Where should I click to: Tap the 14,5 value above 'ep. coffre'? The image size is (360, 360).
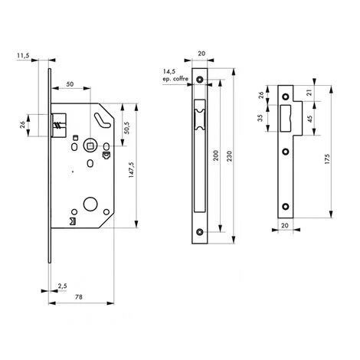[168, 70]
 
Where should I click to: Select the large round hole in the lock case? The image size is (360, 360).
[91, 207]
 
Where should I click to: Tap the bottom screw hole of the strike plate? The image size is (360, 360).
[286, 206]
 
